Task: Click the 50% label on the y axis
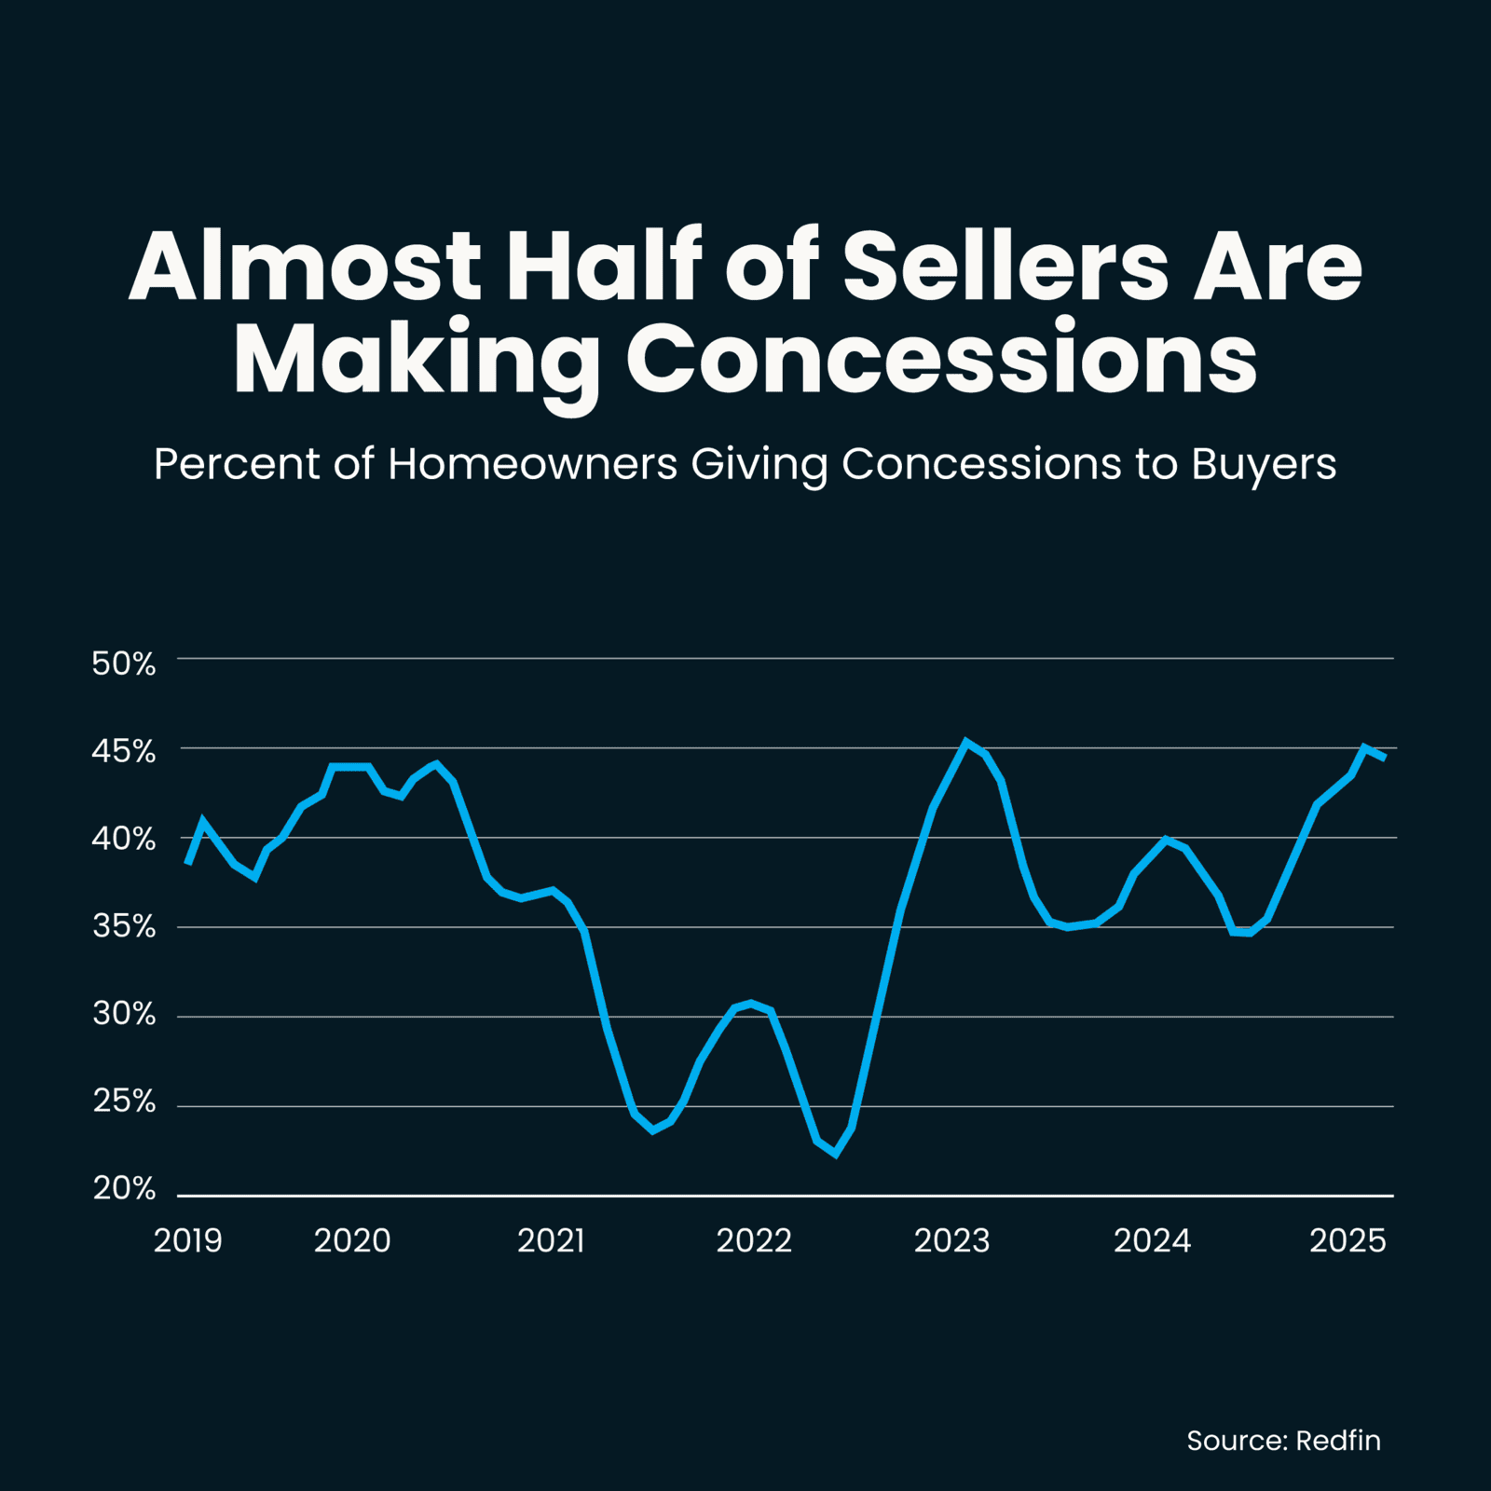(x=124, y=663)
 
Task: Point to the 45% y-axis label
(x=124, y=751)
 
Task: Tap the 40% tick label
(x=124, y=839)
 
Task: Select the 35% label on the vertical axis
(x=124, y=926)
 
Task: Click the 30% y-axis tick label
(x=124, y=1014)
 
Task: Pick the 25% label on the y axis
(x=124, y=1101)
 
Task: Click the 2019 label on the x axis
(x=188, y=1240)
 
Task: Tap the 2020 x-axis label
(x=352, y=1240)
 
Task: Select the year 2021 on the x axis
(x=551, y=1240)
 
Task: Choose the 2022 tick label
(x=754, y=1240)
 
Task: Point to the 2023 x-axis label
(x=951, y=1240)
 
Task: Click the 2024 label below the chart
(x=1153, y=1240)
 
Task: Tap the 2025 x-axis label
(x=1348, y=1240)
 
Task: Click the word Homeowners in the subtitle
(x=532, y=463)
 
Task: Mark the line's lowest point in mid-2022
(x=836, y=1155)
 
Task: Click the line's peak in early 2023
(x=966, y=742)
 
